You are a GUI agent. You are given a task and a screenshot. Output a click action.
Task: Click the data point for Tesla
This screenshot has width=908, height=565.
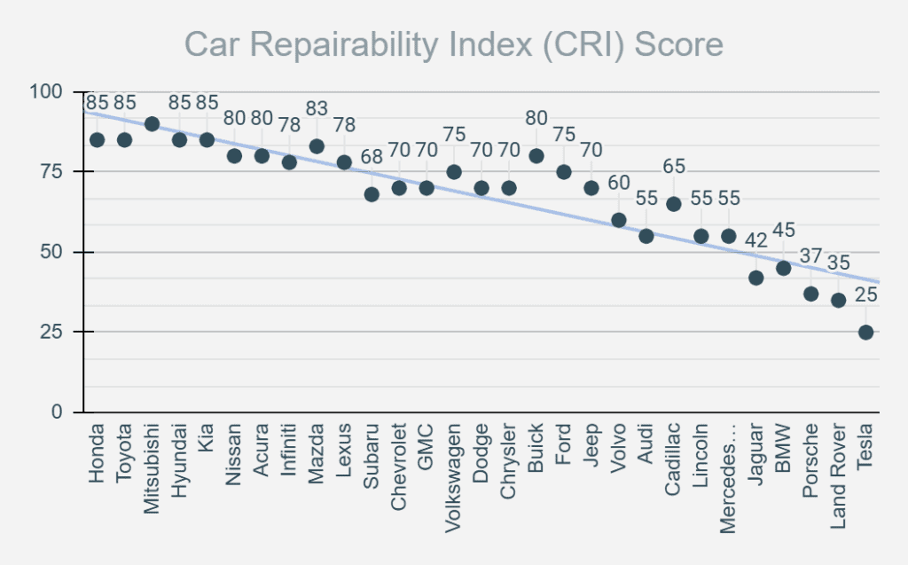[x=865, y=333]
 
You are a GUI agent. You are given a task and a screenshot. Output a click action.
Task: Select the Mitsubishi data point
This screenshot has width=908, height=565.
[x=152, y=123]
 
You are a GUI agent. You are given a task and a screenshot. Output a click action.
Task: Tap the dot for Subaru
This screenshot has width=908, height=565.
[x=372, y=194]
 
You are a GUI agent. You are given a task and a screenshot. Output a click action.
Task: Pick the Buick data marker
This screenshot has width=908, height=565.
[x=536, y=156]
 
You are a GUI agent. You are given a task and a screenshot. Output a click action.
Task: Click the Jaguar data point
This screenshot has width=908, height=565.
[x=755, y=278]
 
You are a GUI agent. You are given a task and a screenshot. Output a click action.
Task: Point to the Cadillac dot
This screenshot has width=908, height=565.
[x=673, y=204]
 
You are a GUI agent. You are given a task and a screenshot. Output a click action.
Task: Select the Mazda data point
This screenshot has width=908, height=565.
[x=317, y=146]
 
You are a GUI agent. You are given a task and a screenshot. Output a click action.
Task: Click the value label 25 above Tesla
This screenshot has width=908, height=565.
[x=865, y=294]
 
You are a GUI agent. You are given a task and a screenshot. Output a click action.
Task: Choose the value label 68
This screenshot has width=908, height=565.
[x=372, y=156]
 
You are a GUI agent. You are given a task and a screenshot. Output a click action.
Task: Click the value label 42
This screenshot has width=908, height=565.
[x=755, y=239]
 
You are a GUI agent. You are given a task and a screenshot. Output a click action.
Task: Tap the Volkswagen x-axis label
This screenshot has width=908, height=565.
[x=454, y=469]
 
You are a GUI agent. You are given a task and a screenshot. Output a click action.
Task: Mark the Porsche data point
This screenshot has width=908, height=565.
[x=810, y=294]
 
